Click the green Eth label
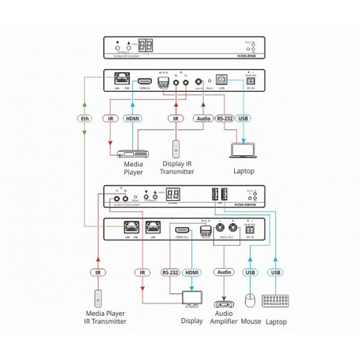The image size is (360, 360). coord(85,119)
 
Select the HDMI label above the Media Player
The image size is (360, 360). coord(133,119)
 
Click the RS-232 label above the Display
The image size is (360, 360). coord(171,272)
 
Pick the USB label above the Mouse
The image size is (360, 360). coord(251,273)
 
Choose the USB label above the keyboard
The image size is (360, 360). coord(276,273)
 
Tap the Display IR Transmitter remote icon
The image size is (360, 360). coord(176,149)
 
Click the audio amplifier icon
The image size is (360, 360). coord(224,303)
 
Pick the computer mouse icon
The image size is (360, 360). coord(251,301)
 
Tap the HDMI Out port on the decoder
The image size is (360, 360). coord(181,230)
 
